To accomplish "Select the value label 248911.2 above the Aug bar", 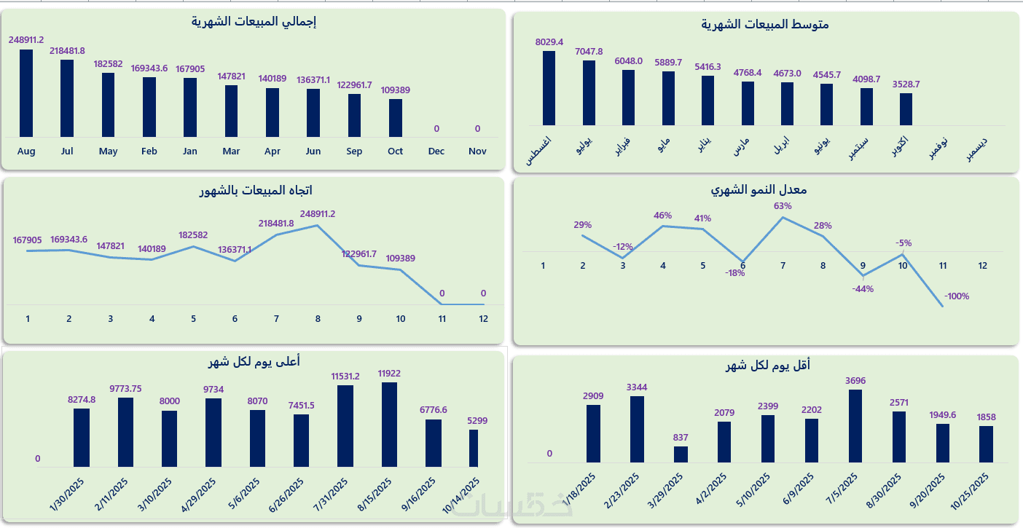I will [x=26, y=40].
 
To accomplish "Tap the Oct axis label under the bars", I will [x=395, y=151].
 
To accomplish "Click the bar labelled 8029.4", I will [x=549, y=87].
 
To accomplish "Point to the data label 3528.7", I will [x=906, y=84].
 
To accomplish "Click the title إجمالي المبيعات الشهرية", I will [x=254, y=22].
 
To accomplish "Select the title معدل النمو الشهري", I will [x=759, y=190].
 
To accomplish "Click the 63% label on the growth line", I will [x=783, y=206].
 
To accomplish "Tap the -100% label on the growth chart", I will [x=957, y=296].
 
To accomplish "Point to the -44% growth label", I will [x=863, y=289].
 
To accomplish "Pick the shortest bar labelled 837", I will [x=681, y=454].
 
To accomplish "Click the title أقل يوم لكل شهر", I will [x=767, y=366].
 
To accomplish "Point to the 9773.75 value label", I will [x=125, y=388].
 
